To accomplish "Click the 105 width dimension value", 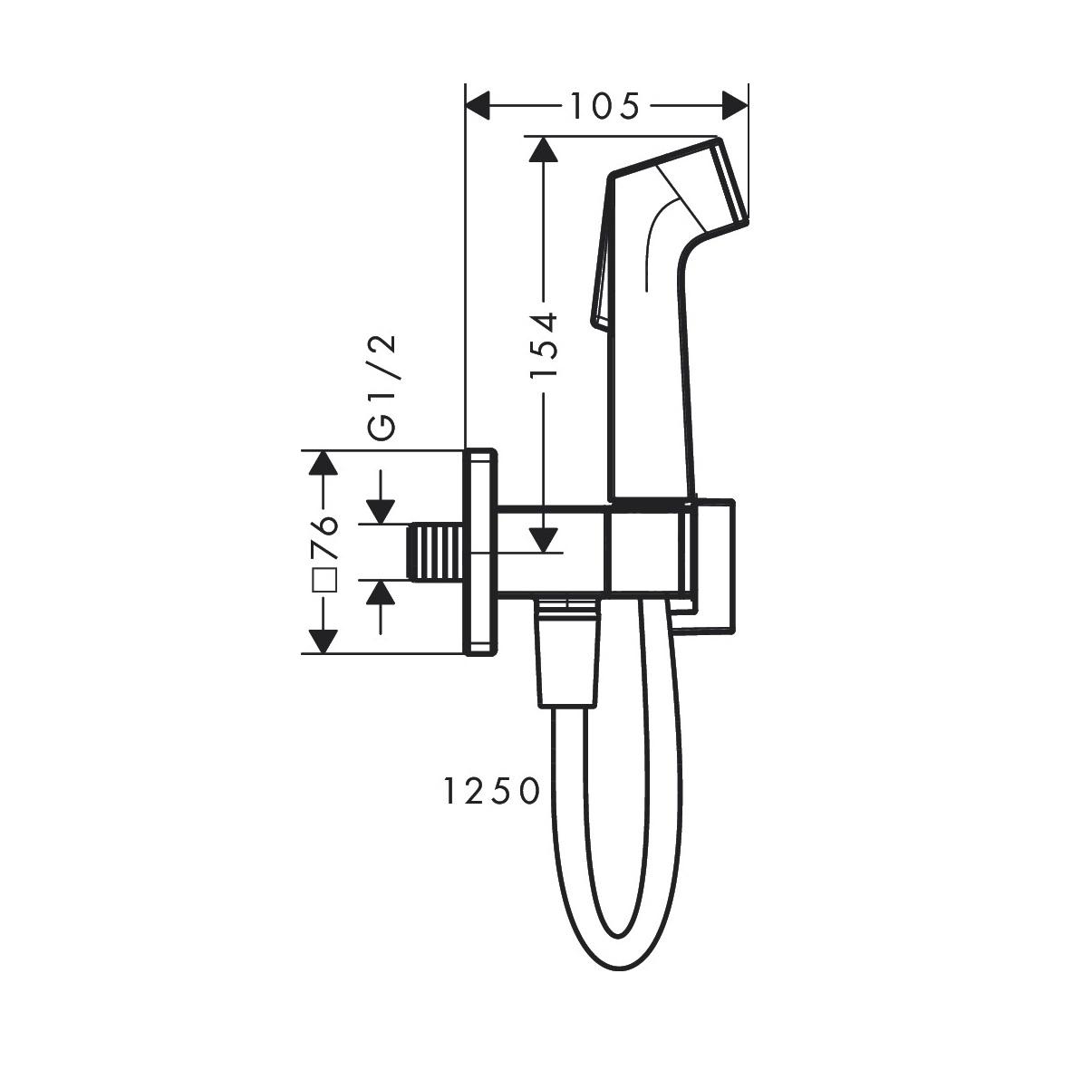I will [x=604, y=107].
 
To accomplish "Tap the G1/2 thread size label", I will [x=384, y=387].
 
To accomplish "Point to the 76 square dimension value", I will [x=324, y=538].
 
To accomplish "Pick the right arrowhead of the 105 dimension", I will [x=735, y=106].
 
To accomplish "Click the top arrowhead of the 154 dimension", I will [x=543, y=150].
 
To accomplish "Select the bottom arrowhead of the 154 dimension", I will [x=543, y=540].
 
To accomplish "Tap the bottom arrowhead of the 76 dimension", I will [x=323, y=641].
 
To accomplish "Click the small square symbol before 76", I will [x=324, y=579].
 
